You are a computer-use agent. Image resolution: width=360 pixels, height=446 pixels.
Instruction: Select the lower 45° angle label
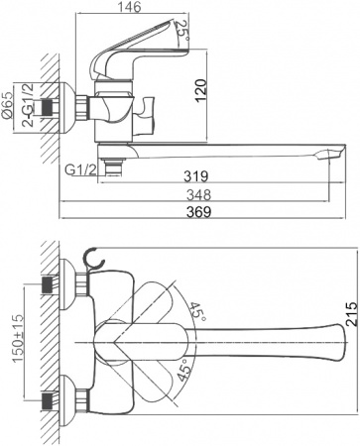182,375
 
